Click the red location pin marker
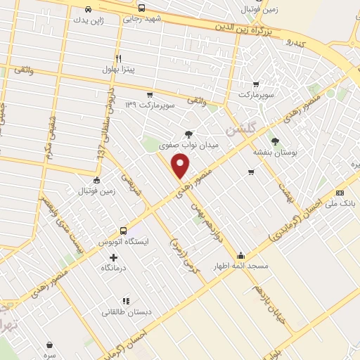click(x=181, y=165)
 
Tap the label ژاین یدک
click(x=89, y=20)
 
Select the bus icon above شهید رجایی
click(x=141, y=8)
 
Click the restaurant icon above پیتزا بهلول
click(x=119, y=59)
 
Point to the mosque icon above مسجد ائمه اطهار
click(x=242, y=255)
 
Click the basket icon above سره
click(x=49, y=345)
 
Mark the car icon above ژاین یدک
click(x=88, y=9)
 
